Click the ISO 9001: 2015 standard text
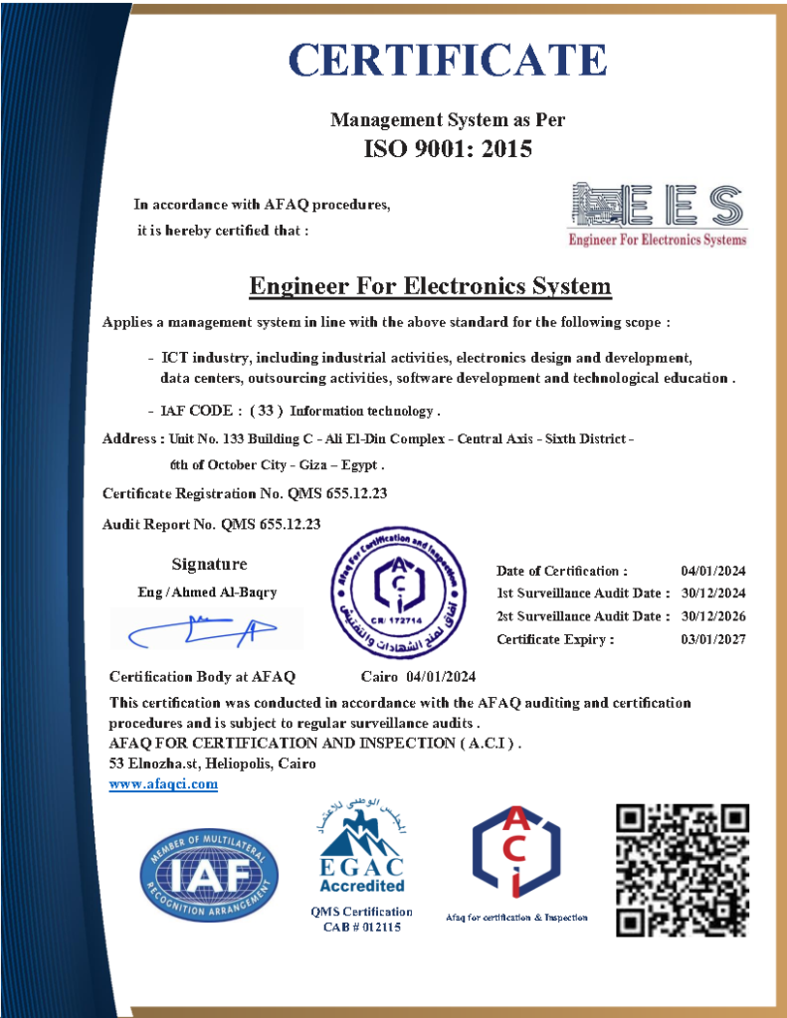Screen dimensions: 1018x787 447,149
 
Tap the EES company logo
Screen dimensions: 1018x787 656,213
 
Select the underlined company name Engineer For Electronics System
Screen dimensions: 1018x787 429,287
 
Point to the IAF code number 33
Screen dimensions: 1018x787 266,411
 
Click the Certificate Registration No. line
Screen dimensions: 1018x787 245,493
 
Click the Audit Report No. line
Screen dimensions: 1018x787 211,524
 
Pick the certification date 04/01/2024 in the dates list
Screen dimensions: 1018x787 713,571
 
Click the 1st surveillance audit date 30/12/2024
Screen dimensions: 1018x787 713,594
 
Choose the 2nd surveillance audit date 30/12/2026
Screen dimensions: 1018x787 713,616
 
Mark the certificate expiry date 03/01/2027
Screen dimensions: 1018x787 713,639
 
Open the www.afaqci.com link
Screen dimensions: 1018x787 163,784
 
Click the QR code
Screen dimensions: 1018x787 682,870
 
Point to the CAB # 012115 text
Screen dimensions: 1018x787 361,928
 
